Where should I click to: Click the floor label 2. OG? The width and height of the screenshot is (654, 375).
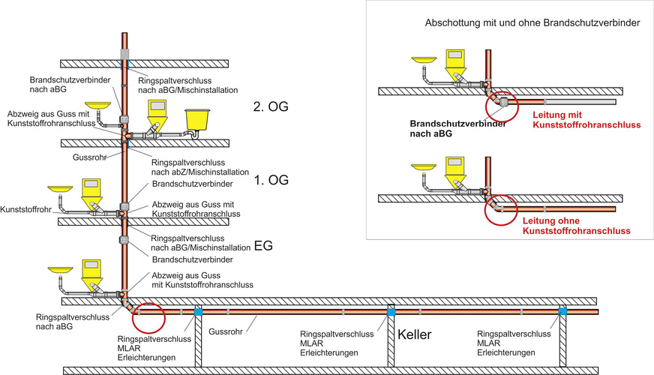click(x=271, y=107)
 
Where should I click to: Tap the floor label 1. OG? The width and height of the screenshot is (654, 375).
click(x=271, y=181)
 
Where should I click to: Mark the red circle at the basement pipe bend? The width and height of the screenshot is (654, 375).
click(x=148, y=317)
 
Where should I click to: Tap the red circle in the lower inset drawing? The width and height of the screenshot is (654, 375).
click(x=496, y=211)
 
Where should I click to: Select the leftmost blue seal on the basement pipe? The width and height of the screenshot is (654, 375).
click(x=198, y=310)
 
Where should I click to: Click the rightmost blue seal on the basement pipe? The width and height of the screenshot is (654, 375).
click(x=562, y=310)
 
